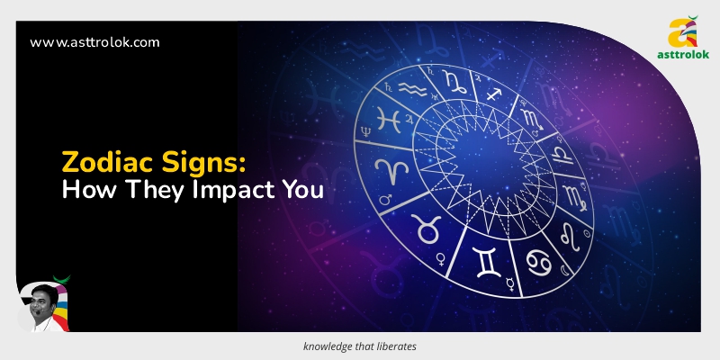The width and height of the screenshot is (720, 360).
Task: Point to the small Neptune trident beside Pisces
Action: click(x=364, y=131)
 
